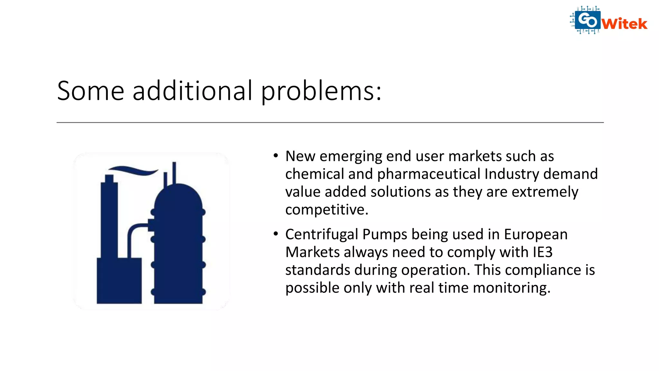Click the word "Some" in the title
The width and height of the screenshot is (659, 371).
90,91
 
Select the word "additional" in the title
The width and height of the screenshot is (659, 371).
192,91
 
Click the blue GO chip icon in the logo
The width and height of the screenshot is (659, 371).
587,20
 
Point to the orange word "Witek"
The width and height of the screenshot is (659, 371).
624,24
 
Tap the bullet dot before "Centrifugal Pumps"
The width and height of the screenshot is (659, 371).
275,234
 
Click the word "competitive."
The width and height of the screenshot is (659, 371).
327,210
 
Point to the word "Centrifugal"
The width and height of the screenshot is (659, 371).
321,234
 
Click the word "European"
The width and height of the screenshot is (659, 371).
535,234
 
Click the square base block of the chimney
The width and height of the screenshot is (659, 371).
119,280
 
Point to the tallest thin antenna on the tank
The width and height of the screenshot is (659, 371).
174,172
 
